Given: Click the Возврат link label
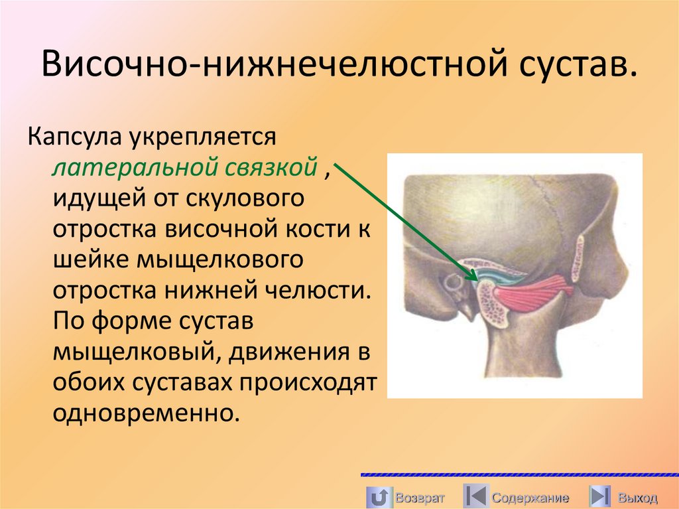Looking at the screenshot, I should pos(419,498).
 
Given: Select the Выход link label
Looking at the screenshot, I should pos(637,498).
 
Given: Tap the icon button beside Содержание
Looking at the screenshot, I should pos(475,496).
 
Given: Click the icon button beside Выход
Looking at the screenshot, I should pos(600,496).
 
